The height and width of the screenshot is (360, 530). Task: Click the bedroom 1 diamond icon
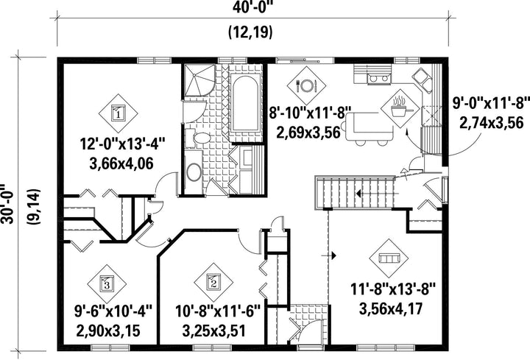(119, 113)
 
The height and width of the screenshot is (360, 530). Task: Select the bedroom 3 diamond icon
(107, 284)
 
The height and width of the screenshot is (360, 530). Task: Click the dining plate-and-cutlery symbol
(306, 85)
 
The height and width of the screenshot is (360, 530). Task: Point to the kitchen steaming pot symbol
(400, 108)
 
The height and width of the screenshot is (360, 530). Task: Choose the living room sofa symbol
(389, 258)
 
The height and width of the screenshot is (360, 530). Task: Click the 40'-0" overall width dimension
(252, 7)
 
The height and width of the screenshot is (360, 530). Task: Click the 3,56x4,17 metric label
(391, 309)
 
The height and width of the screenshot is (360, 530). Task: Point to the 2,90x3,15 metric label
(108, 331)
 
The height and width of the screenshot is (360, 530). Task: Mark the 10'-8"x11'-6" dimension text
(218, 311)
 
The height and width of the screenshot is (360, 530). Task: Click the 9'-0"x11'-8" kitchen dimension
(491, 104)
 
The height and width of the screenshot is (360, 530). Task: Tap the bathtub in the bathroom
(246, 104)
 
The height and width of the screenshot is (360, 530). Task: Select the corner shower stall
(199, 80)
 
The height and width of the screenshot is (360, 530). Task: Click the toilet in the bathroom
(199, 138)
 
